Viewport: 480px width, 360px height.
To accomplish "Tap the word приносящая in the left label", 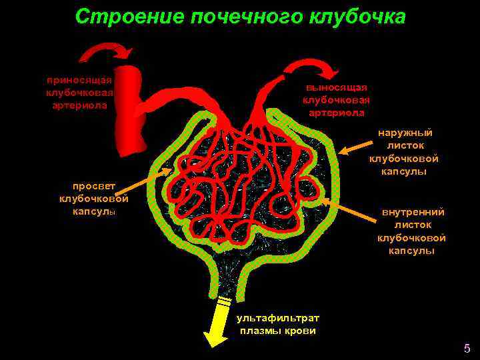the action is tap(79, 80).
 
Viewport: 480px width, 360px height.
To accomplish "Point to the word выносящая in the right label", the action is tap(337, 87).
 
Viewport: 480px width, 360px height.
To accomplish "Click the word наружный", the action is tap(405, 133).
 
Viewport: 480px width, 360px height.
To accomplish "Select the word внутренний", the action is tap(413, 213).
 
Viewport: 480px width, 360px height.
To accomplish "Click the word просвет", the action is tap(93, 187).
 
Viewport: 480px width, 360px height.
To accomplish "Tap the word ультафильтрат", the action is tap(278, 318).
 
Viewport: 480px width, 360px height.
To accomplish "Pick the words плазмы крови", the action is tap(278, 331).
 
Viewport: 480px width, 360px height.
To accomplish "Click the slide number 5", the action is tap(467, 348).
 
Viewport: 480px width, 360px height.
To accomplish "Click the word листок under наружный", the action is tap(405, 146).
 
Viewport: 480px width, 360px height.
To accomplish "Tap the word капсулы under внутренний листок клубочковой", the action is tap(413, 251).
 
